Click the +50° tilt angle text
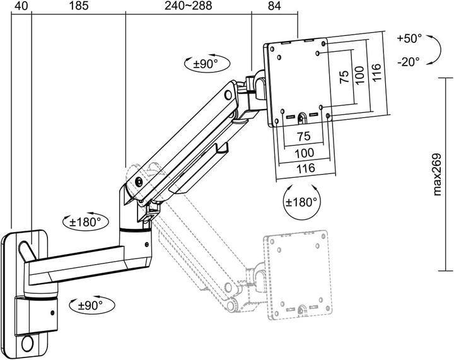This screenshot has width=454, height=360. (409, 38)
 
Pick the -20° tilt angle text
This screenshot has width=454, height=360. (409, 61)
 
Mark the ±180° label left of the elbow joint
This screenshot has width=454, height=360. (84, 222)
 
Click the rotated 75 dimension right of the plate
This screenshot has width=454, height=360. (344, 78)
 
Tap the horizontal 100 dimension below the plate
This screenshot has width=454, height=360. (305, 153)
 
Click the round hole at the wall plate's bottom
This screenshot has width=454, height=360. (28, 344)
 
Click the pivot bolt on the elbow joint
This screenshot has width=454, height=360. (139, 182)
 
